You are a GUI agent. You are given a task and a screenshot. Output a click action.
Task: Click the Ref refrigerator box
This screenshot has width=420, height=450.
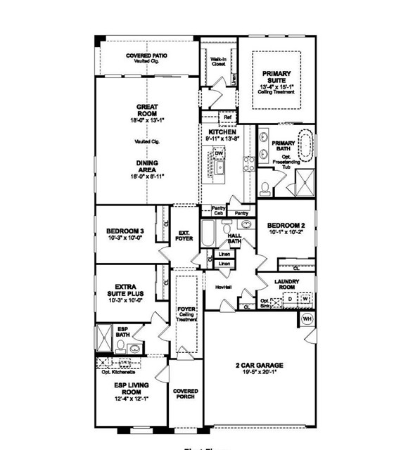(x=228, y=117)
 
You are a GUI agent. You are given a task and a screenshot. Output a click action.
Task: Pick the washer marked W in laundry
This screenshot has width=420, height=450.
(x=306, y=299)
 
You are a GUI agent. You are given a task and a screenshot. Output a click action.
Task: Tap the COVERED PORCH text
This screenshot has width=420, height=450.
(x=186, y=394)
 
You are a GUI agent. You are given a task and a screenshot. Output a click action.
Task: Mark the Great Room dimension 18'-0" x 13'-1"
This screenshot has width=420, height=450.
(x=147, y=121)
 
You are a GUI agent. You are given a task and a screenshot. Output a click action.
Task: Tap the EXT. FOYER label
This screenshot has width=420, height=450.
(x=185, y=235)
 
